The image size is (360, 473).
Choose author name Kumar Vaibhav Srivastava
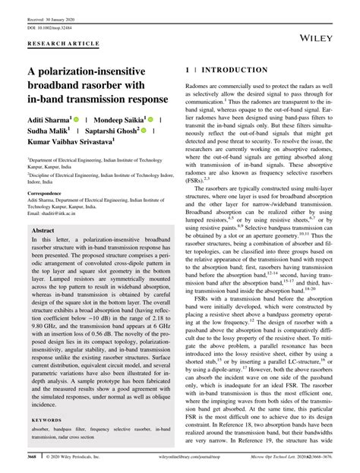(69, 141)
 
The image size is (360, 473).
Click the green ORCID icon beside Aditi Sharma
(80, 118)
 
